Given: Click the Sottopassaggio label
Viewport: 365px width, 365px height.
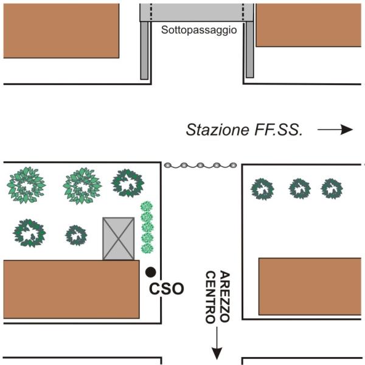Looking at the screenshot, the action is [x=199, y=30].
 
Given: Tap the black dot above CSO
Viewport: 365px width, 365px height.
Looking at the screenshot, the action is [x=151, y=272].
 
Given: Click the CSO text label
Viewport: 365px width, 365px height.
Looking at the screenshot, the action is [x=167, y=289].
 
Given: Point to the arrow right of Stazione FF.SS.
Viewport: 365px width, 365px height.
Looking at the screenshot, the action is [x=335, y=130].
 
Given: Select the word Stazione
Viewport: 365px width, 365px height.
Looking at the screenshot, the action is [x=217, y=130].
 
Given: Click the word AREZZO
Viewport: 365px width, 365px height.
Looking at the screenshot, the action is [x=225, y=296].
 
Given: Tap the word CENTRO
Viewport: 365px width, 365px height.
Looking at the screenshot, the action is [x=210, y=297].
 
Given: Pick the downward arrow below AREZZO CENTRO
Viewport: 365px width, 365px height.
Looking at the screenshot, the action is [x=217, y=343].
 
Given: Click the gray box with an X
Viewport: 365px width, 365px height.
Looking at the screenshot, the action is [x=119, y=238].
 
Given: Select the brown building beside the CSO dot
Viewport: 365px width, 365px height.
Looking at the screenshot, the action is [x=71, y=290].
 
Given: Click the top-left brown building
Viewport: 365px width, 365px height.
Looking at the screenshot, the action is [x=61, y=31].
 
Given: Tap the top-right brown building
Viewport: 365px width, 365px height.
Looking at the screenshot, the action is [x=308, y=25].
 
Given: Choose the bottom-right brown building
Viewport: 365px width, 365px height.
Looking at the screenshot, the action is [x=310, y=287].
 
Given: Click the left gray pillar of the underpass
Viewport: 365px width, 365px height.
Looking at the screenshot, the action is [x=144, y=50].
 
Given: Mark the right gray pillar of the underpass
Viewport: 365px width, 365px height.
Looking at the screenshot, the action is [x=250, y=50].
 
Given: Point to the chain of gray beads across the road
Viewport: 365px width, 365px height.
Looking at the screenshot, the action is [x=200, y=165].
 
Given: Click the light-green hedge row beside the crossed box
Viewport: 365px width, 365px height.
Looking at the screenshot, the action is [x=147, y=228].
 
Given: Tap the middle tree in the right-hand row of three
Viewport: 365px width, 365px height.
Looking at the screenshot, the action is [x=299, y=189].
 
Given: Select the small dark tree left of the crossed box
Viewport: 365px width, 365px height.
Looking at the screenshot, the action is [x=76, y=235].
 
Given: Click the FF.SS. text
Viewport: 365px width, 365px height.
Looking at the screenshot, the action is [x=279, y=130].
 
